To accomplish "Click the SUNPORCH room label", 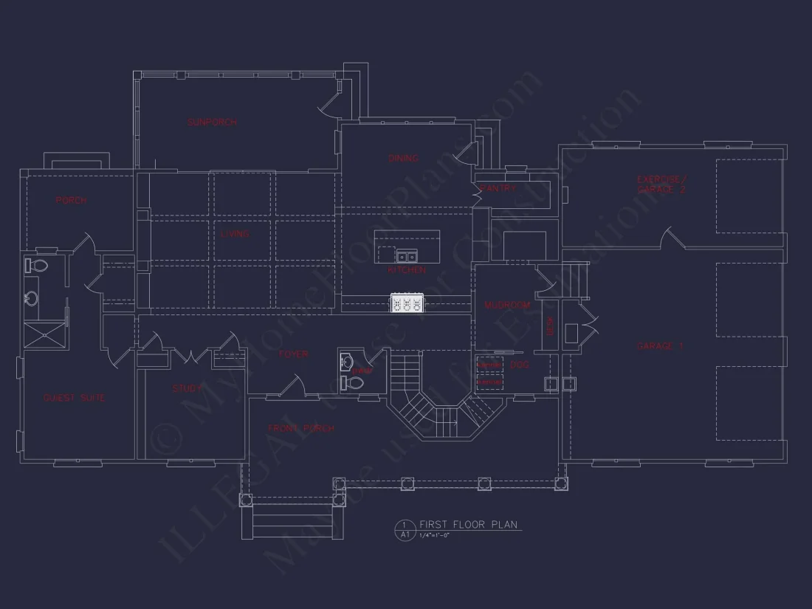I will (212, 122).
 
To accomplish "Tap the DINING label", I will (403, 158).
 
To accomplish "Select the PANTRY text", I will (498, 189).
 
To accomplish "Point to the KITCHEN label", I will (407, 270).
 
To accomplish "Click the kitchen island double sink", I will (406, 257).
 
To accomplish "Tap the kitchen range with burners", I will (407, 303).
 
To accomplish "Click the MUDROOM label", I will (508, 305).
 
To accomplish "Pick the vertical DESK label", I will (549, 326).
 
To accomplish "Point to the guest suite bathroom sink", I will (32, 299).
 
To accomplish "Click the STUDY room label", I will (187, 388).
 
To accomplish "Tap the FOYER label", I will (293, 354).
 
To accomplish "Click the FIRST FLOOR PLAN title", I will (469, 524).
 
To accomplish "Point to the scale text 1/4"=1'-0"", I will (434, 535).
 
